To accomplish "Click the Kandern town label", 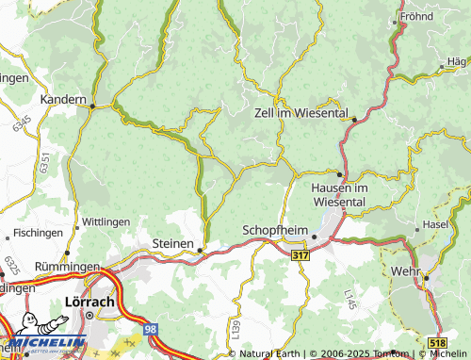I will pos(62,98).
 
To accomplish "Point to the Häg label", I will pos(457,61).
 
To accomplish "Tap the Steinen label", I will pos(172,242).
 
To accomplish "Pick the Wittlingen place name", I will pos(107,221).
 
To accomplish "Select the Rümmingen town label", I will pos(67,268).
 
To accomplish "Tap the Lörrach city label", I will pos(88,302).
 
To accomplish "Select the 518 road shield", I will pos(436,345).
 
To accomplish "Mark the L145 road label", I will pos(349,302).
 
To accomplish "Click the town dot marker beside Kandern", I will pos(92,107).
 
